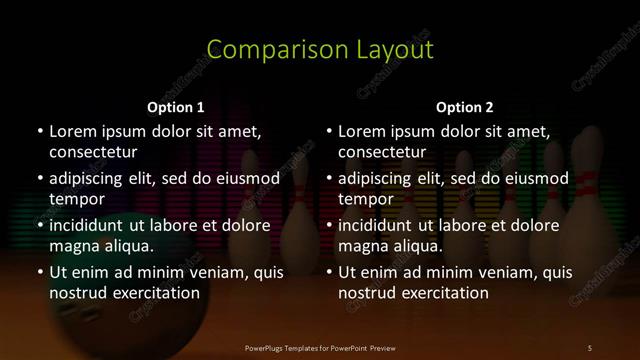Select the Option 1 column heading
click(x=176, y=107)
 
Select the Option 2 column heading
click(x=465, y=107)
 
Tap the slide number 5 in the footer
click(x=589, y=347)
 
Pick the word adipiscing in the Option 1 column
click(x=91, y=179)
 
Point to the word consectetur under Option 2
click(x=383, y=152)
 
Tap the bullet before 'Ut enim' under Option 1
click(x=40, y=272)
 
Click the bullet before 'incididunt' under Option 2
click(x=330, y=225)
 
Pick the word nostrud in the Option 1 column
click(x=78, y=293)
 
